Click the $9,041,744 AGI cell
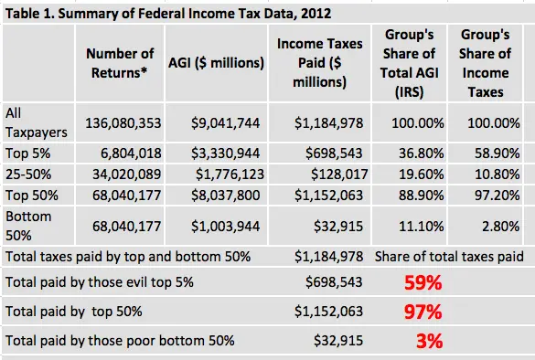point(225,122)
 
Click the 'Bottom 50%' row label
point(31,224)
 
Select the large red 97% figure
point(423,312)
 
